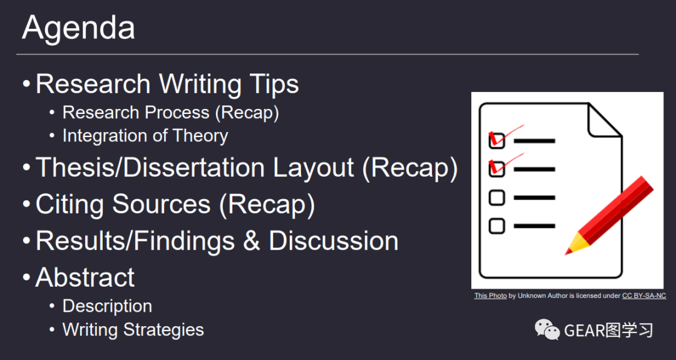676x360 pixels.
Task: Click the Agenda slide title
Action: [x=78, y=28]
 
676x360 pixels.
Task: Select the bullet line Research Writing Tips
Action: [x=167, y=84]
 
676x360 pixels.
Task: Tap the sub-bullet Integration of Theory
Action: [x=145, y=136]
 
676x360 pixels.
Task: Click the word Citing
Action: [x=70, y=204]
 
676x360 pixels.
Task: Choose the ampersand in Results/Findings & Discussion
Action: [x=252, y=240]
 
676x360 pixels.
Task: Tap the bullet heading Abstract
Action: [x=85, y=277]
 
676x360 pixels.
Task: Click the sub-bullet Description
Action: [x=108, y=306]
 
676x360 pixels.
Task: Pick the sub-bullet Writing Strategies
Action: [x=133, y=330]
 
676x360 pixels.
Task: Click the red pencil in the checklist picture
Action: [x=610, y=215]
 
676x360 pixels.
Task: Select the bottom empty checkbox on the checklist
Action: [x=496, y=226]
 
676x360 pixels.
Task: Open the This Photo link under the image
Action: [x=490, y=296]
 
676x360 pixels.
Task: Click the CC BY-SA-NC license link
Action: [x=644, y=296]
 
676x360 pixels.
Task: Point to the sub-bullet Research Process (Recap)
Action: [x=171, y=113]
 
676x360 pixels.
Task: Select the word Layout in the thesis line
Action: [x=314, y=168]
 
